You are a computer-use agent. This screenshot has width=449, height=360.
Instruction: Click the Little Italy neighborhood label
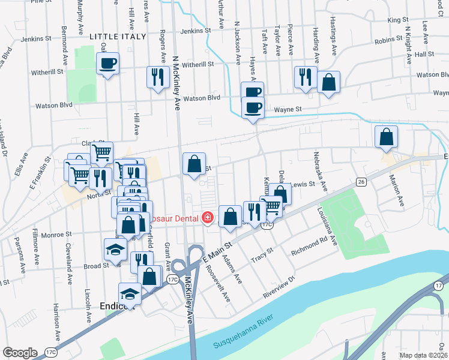(x=118, y=37)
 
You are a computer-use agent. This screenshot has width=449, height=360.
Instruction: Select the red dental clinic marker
(x=208, y=217)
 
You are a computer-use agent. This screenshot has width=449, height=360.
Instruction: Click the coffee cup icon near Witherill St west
(x=108, y=64)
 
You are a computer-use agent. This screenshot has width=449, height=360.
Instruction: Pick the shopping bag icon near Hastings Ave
(x=329, y=82)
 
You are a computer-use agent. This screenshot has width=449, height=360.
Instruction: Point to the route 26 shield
(x=360, y=181)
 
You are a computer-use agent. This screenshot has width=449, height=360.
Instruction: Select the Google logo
(x=20, y=353)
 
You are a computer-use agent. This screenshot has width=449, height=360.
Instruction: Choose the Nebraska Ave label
(x=319, y=171)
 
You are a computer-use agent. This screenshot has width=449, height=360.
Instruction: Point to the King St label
(x=397, y=20)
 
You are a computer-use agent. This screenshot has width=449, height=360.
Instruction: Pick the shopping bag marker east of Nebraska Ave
(x=386, y=137)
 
